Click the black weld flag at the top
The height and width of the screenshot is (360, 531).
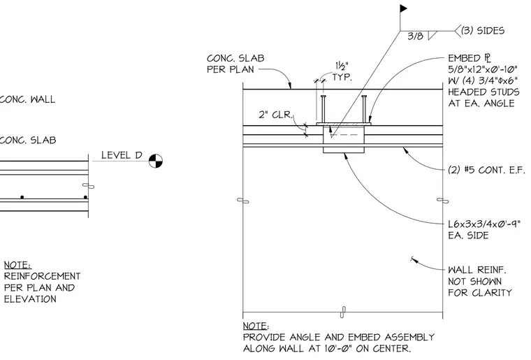coord(403,8)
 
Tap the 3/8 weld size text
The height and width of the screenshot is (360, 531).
coord(415,36)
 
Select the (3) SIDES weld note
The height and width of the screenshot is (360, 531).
coord(483,31)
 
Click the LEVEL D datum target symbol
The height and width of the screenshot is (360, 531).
coord(156,161)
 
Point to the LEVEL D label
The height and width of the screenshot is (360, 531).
coord(122,155)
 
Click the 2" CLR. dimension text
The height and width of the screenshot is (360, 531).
coord(276,115)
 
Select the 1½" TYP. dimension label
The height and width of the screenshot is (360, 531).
coord(342,71)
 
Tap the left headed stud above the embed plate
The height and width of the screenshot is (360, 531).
coord(323,109)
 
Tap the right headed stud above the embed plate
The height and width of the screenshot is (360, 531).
coord(364,109)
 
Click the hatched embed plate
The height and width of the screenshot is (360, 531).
coord(344,124)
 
